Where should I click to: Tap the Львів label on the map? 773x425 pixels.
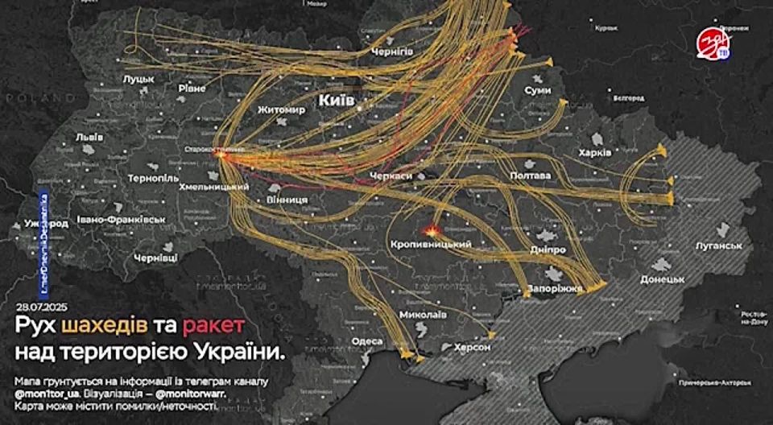[89, 137]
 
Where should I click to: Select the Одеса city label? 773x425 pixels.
[367, 340]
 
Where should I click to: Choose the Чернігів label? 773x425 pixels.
[391, 52]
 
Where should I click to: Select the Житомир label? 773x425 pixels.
[282, 109]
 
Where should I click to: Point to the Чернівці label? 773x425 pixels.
[155, 259]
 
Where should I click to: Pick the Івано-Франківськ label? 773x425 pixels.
[122, 219]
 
